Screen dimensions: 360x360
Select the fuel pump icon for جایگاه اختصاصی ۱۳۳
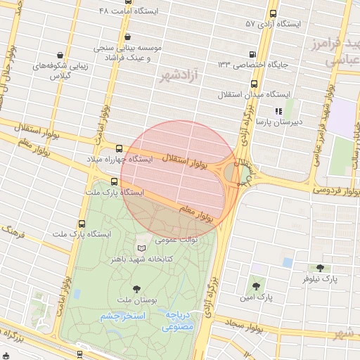[252, 55]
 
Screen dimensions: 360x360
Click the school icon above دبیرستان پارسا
[278, 110]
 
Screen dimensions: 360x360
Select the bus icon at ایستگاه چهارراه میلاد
[117, 148]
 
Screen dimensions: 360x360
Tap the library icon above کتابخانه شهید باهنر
[143, 247]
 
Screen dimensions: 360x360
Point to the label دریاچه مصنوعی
[179, 321]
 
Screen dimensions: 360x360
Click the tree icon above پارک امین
[255, 286]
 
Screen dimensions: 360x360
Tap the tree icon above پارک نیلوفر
[321, 268]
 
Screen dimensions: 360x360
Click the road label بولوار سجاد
[245, 326]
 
